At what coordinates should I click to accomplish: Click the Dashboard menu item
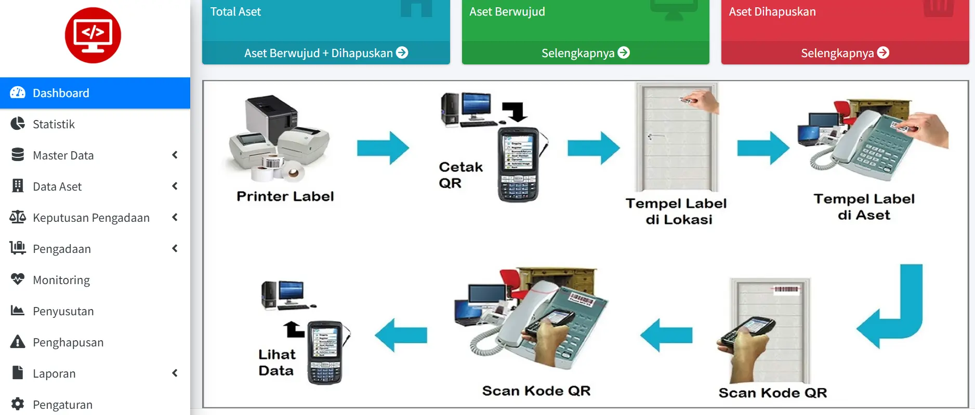[61, 93]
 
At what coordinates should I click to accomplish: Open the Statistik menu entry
[54, 124]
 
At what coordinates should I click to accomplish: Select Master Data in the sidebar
[63, 155]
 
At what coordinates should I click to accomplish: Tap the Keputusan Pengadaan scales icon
[18, 217]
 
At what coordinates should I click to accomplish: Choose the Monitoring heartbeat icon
[18, 279]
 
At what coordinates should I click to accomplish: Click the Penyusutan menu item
[63, 311]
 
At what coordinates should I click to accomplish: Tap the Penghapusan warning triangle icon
[18, 342]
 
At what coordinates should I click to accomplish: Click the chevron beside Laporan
[175, 373]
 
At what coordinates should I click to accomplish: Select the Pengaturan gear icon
[18, 404]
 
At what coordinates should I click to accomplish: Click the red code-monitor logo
[93, 35]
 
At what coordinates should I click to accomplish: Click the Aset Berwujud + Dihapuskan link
[326, 53]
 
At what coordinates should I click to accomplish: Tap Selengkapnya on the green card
[585, 53]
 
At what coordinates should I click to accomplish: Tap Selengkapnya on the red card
[845, 53]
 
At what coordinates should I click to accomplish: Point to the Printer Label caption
[285, 196]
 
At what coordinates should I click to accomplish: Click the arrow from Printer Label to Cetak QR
[383, 148]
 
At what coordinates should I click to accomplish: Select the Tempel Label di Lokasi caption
[676, 211]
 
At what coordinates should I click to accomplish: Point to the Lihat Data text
[276, 363]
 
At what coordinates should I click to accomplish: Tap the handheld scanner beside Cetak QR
[518, 164]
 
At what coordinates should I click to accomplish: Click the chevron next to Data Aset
[175, 186]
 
